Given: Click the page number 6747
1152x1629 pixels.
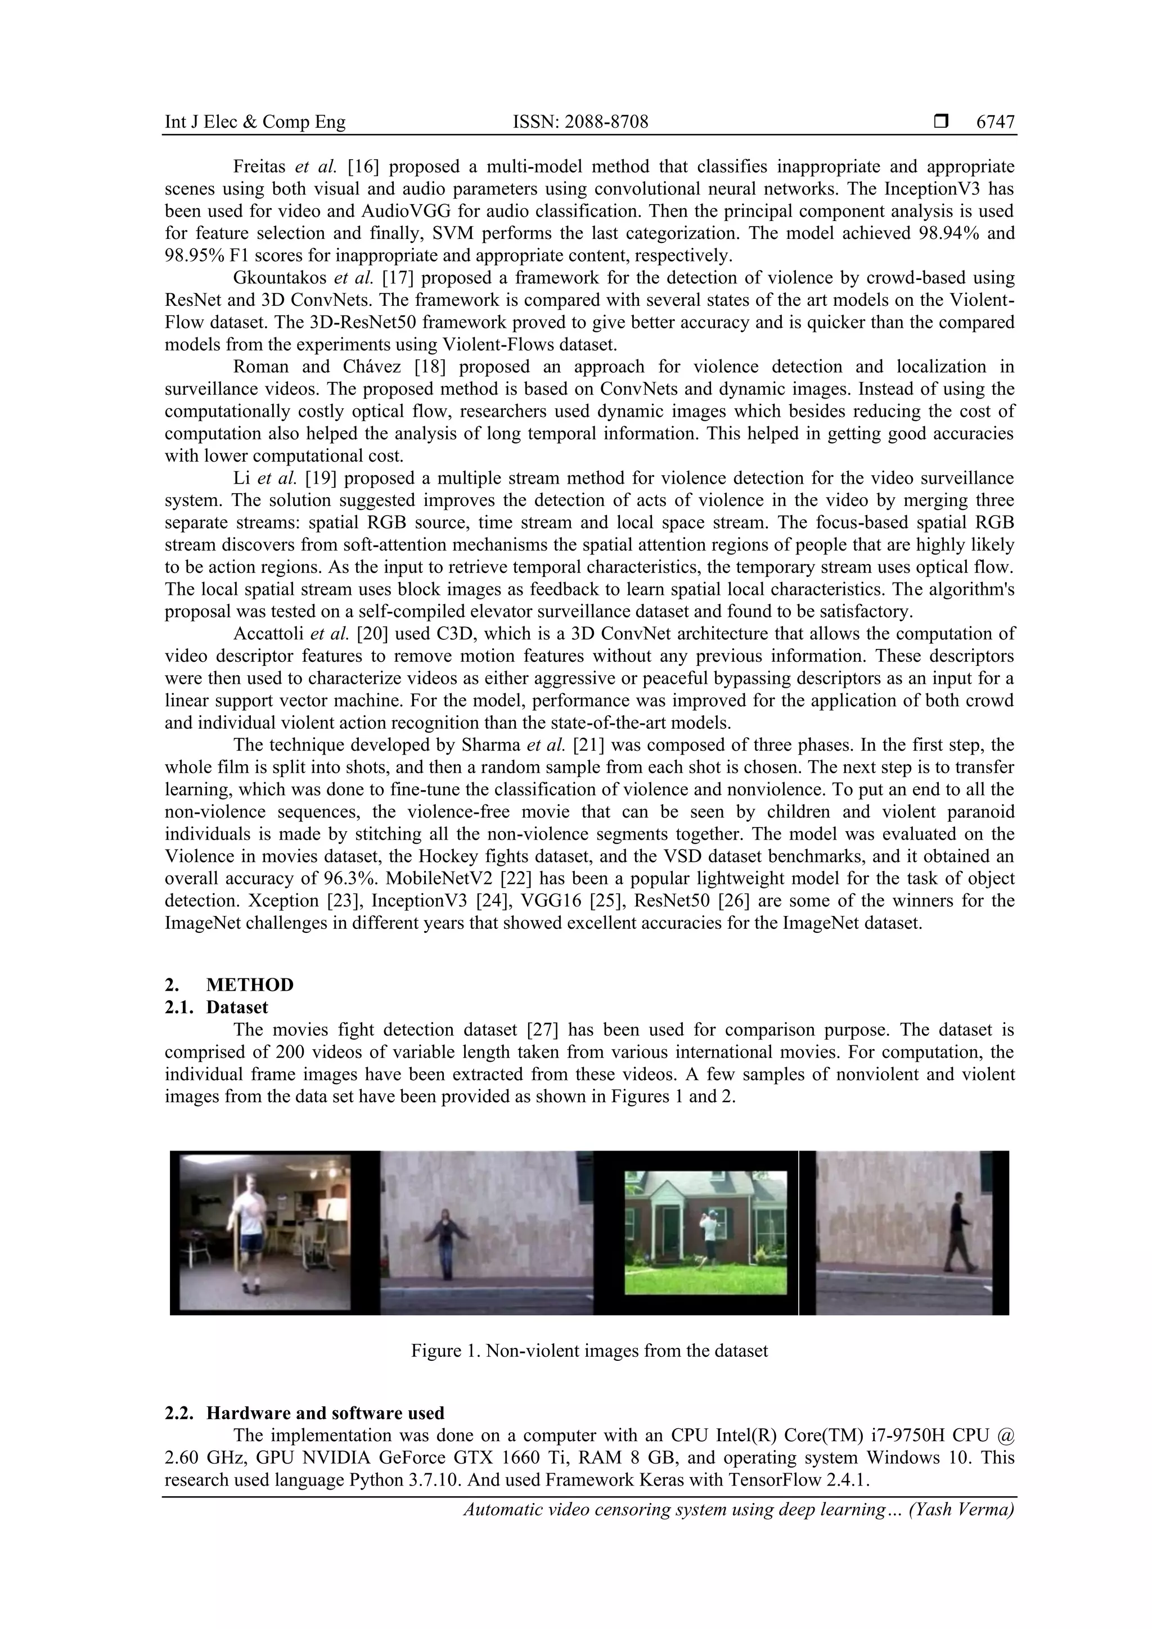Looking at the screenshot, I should click(x=995, y=122).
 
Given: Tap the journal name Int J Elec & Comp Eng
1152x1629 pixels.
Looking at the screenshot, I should click(x=255, y=122).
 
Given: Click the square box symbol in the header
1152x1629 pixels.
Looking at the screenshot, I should click(x=941, y=122).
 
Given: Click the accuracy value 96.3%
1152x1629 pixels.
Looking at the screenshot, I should click(x=350, y=878).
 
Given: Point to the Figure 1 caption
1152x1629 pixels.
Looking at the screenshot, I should click(x=589, y=1351).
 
